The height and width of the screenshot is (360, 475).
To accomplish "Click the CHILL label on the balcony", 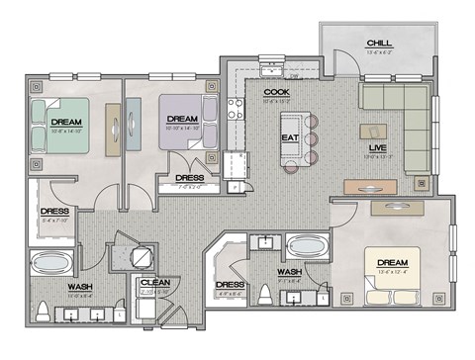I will pos(377,44).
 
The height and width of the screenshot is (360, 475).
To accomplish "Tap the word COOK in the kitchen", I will pos(275,93).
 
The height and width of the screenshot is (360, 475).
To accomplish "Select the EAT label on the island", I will pos(290,137).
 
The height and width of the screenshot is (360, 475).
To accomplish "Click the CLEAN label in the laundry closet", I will pos(153,283).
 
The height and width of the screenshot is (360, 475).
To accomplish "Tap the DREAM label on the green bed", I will pos(66,123).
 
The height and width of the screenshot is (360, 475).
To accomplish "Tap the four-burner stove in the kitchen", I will pos(237,108).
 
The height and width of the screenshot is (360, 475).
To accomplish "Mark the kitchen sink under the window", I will pos(270,70).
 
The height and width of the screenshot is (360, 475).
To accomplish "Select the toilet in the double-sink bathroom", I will pos(43,311).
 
